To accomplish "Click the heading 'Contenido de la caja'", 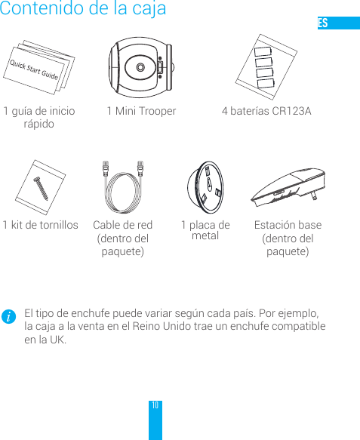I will pos(83,10).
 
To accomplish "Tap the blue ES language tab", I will pos(337,23).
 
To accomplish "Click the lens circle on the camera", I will pos(140,67).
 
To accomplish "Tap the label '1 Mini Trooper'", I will pos(141,112).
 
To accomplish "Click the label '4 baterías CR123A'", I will pos(266,112).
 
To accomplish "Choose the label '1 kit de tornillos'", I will pos(40,225).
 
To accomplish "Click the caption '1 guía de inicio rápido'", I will pos(39,118).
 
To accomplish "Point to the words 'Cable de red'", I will pos(122,225).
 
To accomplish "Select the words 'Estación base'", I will pos(288,225).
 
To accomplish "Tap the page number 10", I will pos(155,407).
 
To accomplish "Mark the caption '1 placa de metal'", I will pos(205,230).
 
